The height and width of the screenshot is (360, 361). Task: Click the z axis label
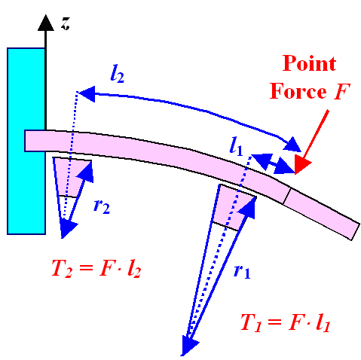[66, 24]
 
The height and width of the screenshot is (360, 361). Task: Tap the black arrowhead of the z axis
[47, 21]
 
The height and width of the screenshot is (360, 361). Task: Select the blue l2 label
[117, 74]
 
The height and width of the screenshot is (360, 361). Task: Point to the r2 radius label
[102, 206]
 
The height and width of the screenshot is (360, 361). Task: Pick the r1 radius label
[240, 271]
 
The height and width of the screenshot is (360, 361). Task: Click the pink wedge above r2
[74, 177]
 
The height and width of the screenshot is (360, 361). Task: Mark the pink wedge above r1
[233, 207]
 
